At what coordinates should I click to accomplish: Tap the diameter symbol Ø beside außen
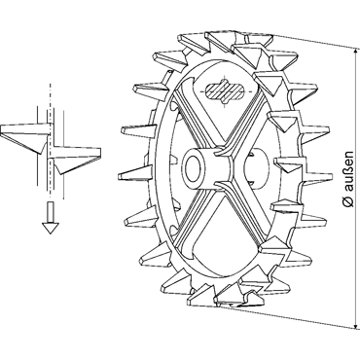pyautogui.click(x=348, y=201)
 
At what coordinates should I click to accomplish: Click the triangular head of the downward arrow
pyautogui.click(x=49, y=228)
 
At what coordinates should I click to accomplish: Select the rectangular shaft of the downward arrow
pyautogui.click(x=49, y=212)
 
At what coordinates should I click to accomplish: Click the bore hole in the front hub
pyautogui.click(x=195, y=165)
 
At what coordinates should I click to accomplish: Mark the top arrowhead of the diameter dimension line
pyautogui.click(x=356, y=53)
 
